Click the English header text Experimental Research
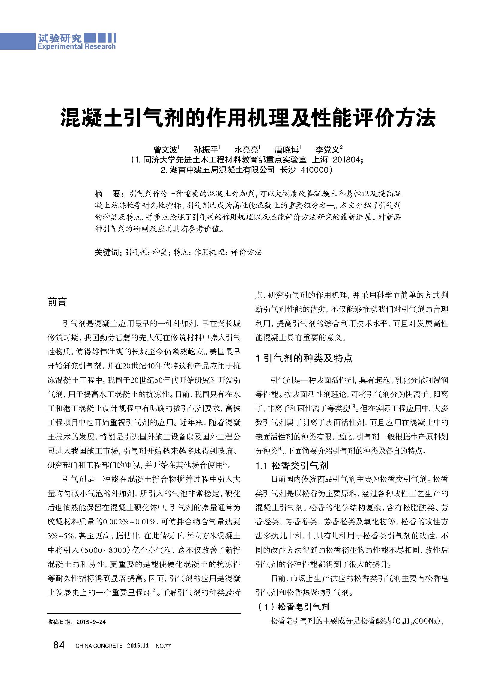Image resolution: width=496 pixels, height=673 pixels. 76,46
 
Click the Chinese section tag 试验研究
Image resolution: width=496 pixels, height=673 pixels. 60,38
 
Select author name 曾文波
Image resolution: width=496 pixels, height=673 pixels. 165,150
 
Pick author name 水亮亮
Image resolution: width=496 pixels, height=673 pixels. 246,150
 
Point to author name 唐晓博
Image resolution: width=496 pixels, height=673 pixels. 286,150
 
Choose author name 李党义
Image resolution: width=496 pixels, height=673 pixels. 327,150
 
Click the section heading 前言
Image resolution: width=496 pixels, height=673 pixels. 57,302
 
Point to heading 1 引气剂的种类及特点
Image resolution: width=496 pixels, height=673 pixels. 304,358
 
